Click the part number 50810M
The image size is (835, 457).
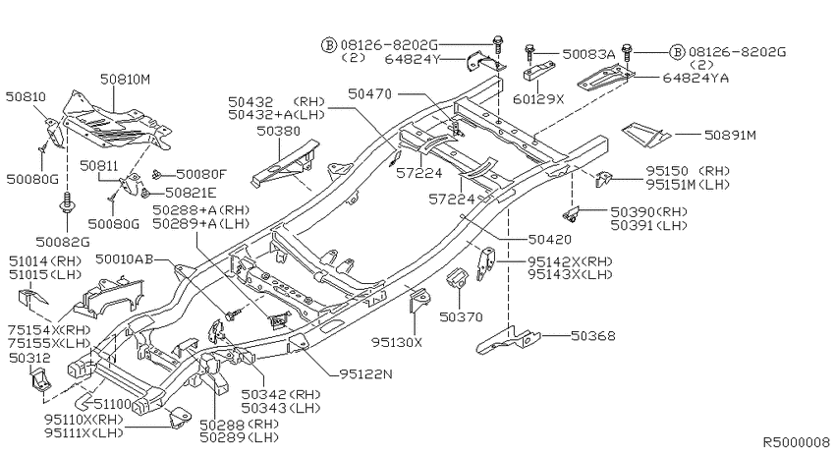125,80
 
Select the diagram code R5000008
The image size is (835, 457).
796,442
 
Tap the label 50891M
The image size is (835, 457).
730,135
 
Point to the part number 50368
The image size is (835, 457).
592,335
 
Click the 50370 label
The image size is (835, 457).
461,316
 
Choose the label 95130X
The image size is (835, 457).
397,342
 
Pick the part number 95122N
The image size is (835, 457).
365,373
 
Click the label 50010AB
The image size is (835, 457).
125,259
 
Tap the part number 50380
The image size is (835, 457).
279,131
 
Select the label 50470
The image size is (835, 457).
369,94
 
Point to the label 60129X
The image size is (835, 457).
538,99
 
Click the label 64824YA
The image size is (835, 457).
696,79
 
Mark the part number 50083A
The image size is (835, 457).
588,54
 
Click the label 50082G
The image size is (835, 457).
63,242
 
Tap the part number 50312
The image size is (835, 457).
30,358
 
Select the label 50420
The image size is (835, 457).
549,240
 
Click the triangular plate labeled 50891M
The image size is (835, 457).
646,135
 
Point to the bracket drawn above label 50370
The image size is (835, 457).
457,278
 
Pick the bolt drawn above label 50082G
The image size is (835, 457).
68,201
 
